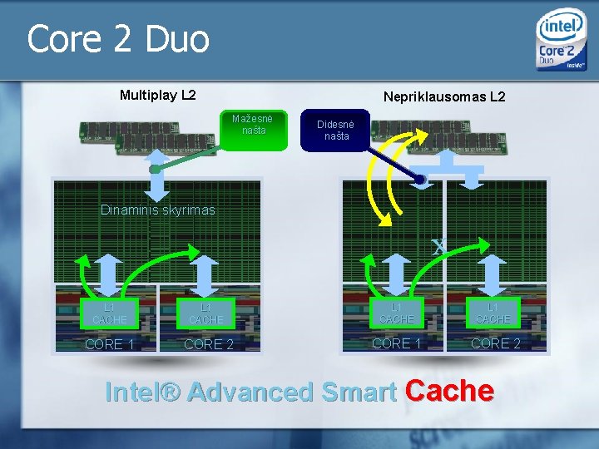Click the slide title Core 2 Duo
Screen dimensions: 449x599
pos(118,39)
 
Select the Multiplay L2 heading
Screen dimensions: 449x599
pos(158,95)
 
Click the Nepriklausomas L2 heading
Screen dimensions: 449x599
pos(443,96)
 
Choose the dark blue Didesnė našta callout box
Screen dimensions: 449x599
pos(336,131)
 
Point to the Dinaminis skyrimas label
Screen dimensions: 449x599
pos(157,210)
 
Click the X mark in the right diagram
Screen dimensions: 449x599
pos(438,246)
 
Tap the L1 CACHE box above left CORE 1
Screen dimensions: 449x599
pos(110,314)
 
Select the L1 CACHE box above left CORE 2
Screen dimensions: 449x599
pos(205,314)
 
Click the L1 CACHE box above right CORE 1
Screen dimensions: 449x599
pos(396,313)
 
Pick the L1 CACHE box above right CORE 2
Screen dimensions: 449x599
pos(493,313)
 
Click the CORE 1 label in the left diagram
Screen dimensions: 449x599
pos(109,344)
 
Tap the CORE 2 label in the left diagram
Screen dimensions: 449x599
pos(208,344)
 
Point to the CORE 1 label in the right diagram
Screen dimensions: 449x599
pos(397,343)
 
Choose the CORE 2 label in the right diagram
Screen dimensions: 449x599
pos(496,343)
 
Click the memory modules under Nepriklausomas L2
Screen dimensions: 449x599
pos(449,136)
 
